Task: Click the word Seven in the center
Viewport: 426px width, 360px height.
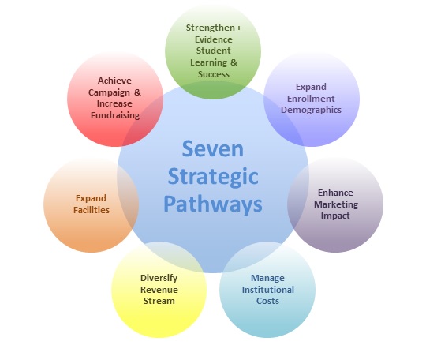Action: tap(213, 148)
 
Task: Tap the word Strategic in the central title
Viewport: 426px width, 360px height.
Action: tap(213, 178)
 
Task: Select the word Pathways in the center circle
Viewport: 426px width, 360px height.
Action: tap(213, 204)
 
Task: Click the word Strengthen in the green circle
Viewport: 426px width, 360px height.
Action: tap(211, 28)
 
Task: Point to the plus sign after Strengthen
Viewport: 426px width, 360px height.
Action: tap(239, 28)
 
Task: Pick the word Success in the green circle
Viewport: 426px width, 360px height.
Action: tap(214, 74)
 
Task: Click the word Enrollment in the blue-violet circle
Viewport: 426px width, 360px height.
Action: tap(311, 99)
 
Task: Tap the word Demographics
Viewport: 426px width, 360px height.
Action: tap(311, 110)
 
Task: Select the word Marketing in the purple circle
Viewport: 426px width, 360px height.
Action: tap(336, 204)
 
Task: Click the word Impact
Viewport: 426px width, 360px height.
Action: tap(335, 216)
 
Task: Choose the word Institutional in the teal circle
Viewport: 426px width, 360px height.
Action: tap(268, 290)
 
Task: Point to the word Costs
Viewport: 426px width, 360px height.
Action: tap(267, 301)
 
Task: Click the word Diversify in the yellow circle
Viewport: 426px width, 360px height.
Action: tap(159, 278)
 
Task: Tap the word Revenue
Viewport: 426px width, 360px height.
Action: tap(159, 290)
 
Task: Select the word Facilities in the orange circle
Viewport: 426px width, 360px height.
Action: tap(92, 210)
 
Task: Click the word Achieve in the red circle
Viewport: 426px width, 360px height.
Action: tap(114, 81)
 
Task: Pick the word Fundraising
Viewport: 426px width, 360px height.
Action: tap(115, 115)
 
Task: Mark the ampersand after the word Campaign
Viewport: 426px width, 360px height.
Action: tap(137, 92)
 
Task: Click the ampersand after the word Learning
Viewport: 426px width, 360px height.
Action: tap(234, 62)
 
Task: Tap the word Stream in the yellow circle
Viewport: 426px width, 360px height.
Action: tap(159, 301)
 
